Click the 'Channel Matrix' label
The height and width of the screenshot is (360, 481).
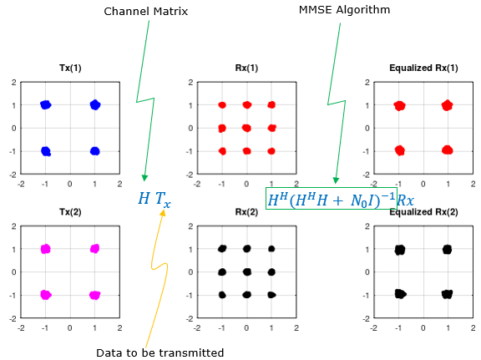point(145,12)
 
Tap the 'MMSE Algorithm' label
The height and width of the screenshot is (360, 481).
point(345,10)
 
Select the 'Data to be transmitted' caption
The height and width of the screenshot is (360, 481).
point(159,352)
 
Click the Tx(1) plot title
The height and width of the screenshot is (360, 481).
point(70,68)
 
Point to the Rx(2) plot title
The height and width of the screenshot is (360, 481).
point(246,212)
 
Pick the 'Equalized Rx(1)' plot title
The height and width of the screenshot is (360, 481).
point(423,68)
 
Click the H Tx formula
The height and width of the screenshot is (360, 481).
point(154,199)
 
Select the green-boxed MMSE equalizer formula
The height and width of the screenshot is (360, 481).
point(332,199)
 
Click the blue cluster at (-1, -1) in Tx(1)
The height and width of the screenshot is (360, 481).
point(46,151)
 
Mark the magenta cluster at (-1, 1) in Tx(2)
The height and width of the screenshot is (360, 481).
point(46,249)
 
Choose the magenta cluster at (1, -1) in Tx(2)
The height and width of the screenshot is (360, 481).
point(95,295)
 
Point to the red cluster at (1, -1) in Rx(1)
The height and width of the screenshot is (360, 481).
point(271,151)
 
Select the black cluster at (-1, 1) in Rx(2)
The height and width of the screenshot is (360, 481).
point(222,249)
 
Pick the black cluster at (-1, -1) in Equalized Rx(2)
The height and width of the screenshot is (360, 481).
point(400,294)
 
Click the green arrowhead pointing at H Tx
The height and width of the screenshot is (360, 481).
point(144,178)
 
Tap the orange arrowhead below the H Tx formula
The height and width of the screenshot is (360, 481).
point(163,212)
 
